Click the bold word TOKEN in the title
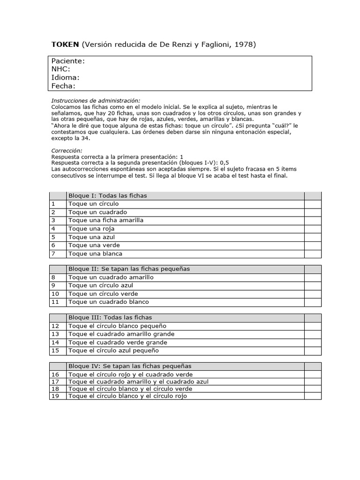[65, 45]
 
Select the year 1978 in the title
[244, 45]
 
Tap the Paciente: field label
[68, 61]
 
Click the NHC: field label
[60, 69]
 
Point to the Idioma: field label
[65, 77]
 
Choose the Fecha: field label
[63, 86]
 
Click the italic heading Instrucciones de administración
[96, 101]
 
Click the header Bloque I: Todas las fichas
[108, 195]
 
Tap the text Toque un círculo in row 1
[94, 204]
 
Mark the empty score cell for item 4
[313, 229]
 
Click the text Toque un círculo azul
[101, 285]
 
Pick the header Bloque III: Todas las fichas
[110, 318]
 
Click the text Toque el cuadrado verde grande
[118, 342]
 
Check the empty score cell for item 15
[313, 351]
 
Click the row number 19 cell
[55, 396]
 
